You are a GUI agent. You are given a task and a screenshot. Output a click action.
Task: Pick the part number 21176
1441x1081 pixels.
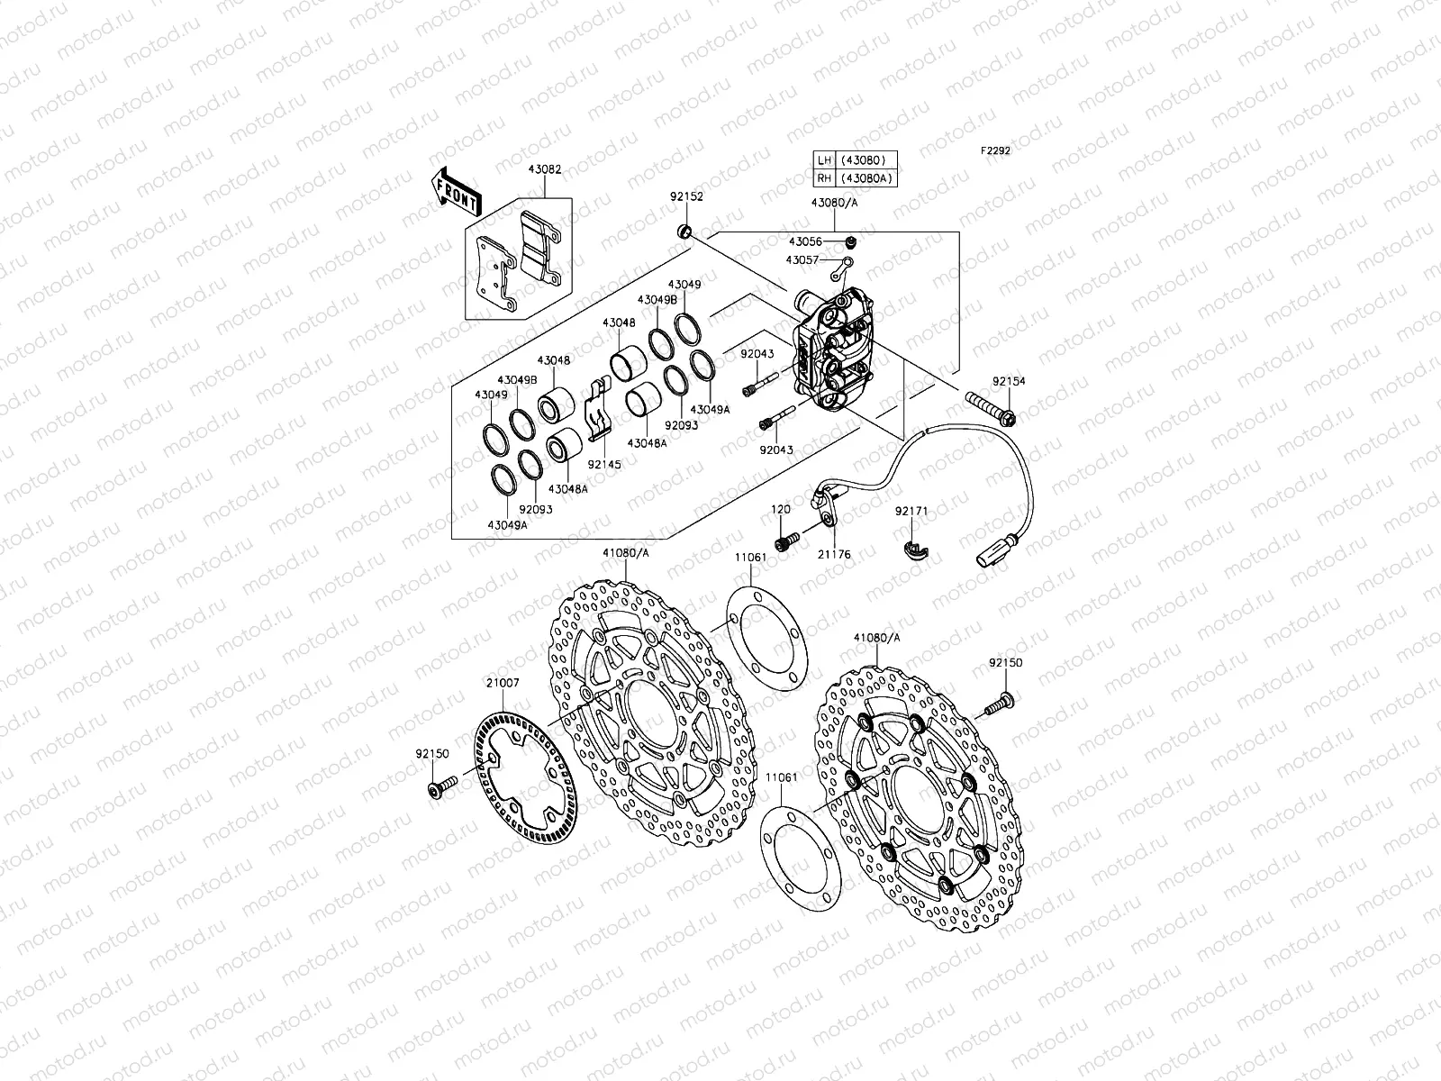pyautogui.click(x=835, y=555)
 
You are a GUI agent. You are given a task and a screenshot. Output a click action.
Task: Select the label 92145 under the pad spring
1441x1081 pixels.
pyautogui.click(x=603, y=465)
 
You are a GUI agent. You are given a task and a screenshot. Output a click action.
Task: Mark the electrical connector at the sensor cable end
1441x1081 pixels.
pyautogui.click(x=992, y=551)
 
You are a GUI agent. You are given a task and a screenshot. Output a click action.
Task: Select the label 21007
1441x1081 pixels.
pyautogui.click(x=503, y=683)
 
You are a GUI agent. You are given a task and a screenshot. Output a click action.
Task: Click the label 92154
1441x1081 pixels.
pyautogui.click(x=1009, y=381)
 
